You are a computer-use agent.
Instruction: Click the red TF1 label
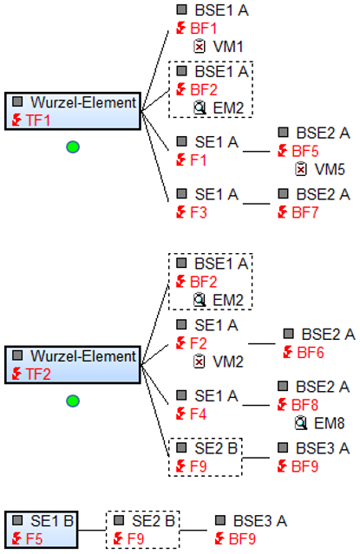pos(38,121)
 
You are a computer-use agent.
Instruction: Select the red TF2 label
pos(38,375)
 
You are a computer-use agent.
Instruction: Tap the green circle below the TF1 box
pos(73,147)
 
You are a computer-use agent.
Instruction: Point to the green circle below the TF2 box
pos(73,401)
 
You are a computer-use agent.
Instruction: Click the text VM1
pos(228,47)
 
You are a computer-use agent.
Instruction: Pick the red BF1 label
pos(203,29)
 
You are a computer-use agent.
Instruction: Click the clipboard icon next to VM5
pos(301,169)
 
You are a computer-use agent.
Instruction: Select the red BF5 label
pos(304,151)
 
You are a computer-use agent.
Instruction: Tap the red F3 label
pos(199,212)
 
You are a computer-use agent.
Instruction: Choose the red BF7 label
pos(304,212)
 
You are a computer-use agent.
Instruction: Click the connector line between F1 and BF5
pos(257,152)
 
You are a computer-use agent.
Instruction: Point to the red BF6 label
pos(311,353)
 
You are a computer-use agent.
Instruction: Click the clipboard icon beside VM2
pos(200,361)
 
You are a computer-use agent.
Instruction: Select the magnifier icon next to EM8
pos(301,423)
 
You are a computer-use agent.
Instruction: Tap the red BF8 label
pos(304,405)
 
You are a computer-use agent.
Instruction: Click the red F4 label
pos(198,414)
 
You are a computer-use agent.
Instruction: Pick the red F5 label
pos(35,539)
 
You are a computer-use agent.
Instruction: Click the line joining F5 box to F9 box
pos(92,530)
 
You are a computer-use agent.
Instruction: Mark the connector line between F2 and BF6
pos(262,343)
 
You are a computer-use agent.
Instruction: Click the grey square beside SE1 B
pos(17,520)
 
